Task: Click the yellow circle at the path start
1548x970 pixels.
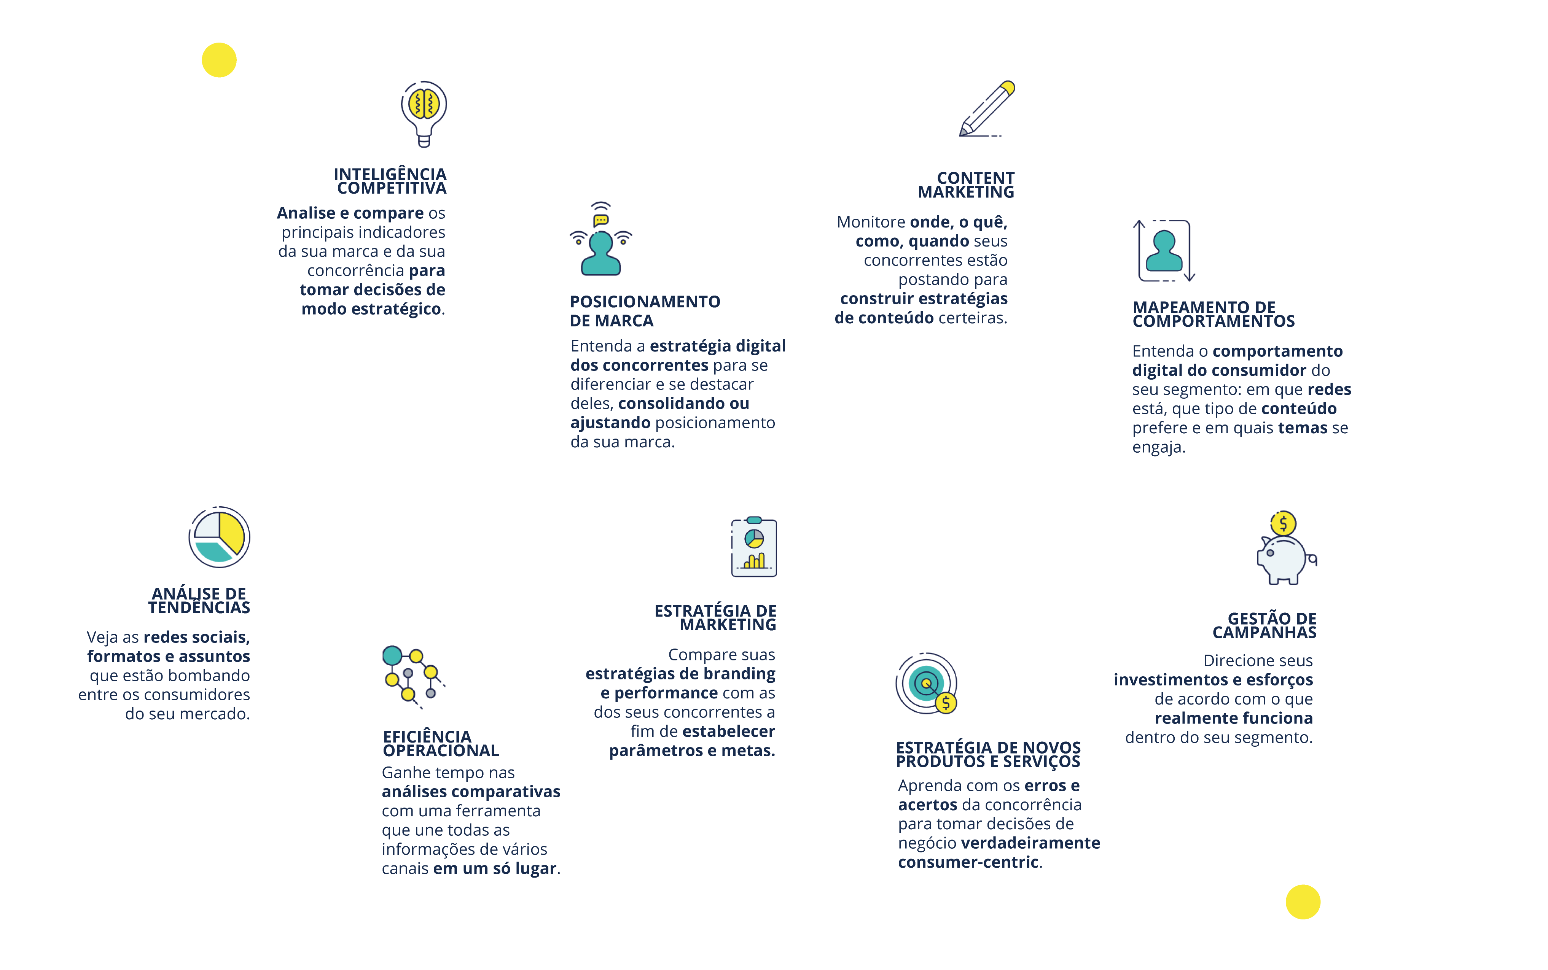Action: (x=219, y=60)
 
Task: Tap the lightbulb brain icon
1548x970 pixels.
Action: (x=424, y=112)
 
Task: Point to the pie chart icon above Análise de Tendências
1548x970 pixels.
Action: (x=219, y=537)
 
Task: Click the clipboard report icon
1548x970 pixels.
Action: (x=754, y=548)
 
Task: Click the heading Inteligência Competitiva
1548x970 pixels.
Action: (x=390, y=181)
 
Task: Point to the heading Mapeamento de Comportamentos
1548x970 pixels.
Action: (x=1213, y=314)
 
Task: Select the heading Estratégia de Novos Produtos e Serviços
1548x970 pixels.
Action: (x=988, y=754)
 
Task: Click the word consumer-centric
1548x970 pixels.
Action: (x=968, y=862)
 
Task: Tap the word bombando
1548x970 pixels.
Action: (x=210, y=676)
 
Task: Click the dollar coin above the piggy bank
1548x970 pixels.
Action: (x=1283, y=523)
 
